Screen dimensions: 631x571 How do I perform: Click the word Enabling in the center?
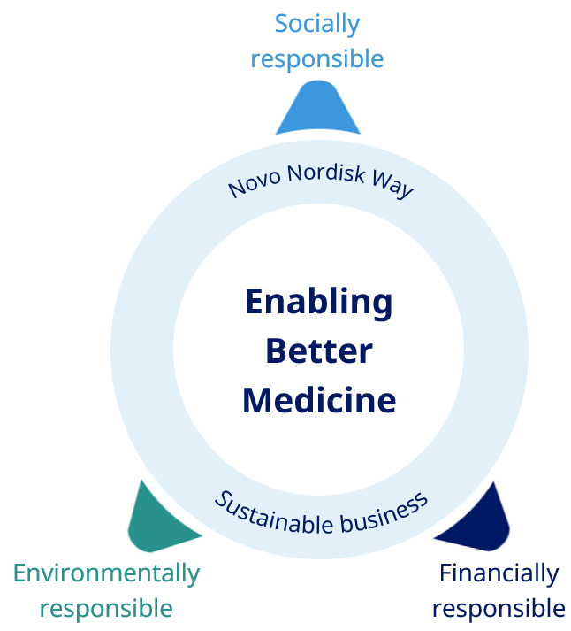pyautogui.click(x=318, y=303)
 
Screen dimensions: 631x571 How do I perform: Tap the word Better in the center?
pyautogui.click(x=318, y=351)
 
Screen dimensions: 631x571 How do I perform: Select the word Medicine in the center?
pyautogui.click(x=318, y=400)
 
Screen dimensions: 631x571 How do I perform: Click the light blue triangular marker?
pyautogui.click(x=318, y=109)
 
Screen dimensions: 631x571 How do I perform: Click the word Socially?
pyautogui.click(x=317, y=23)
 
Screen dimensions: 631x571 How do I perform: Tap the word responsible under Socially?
pyautogui.click(x=317, y=59)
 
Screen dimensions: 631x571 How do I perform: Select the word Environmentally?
pyautogui.click(x=106, y=573)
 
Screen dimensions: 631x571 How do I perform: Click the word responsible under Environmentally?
pyautogui.click(x=106, y=609)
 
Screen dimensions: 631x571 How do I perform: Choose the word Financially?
pyautogui.click(x=499, y=573)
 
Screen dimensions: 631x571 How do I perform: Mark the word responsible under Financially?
pyautogui.click(x=499, y=609)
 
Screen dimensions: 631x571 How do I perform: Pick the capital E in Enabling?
pyautogui.click(x=255, y=303)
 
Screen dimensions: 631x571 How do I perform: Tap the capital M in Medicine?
pyautogui.click(x=257, y=400)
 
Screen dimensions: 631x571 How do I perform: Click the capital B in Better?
pyautogui.click(x=276, y=351)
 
